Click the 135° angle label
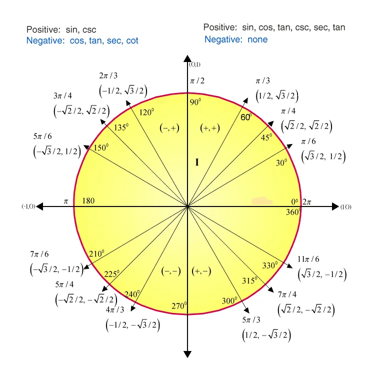click(x=121, y=127)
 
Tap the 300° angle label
click(x=229, y=300)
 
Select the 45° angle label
click(x=266, y=137)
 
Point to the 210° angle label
click(x=96, y=253)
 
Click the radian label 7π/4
click(x=287, y=294)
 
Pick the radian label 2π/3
click(x=108, y=75)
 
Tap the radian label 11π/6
click(x=308, y=259)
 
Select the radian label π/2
click(x=197, y=80)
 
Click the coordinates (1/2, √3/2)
click(x=277, y=96)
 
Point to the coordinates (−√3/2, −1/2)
click(x=57, y=269)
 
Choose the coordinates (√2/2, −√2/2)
click(x=306, y=309)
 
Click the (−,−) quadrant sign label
click(x=171, y=271)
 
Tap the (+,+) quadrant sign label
click(x=210, y=128)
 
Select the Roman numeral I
click(x=197, y=162)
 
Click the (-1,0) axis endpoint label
click(x=28, y=206)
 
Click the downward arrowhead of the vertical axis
click(x=187, y=354)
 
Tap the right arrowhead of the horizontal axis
click(x=335, y=206)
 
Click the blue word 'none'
click(x=257, y=39)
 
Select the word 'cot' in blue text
click(x=132, y=40)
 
